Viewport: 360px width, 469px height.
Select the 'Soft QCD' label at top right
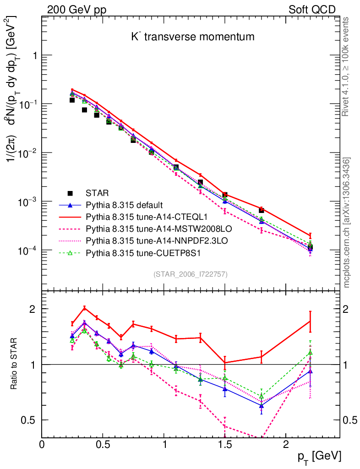point(312,10)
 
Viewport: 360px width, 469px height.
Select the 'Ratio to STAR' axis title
point(14,364)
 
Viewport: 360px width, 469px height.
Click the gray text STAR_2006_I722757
point(191,274)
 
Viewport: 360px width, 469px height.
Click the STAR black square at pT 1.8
point(261,210)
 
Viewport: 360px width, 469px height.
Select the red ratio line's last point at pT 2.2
point(310,321)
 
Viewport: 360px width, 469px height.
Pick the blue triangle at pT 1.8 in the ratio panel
point(261,406)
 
